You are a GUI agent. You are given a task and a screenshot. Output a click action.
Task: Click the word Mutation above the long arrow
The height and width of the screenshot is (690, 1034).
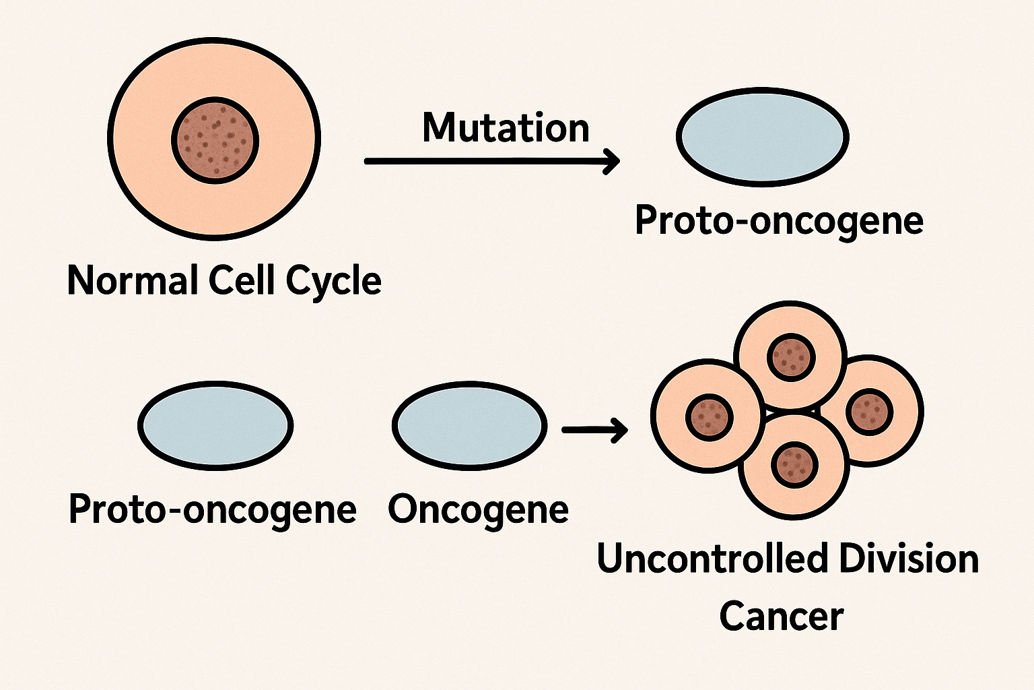(506, 128)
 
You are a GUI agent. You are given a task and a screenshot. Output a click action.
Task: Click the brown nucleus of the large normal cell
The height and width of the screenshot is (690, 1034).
(215, 140)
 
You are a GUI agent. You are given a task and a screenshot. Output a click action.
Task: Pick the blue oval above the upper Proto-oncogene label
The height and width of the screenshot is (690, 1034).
(762, 137)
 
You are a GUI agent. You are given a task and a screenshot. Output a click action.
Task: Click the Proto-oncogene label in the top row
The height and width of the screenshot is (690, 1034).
(779, 220)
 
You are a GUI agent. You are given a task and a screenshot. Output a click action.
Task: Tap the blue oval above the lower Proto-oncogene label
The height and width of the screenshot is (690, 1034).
(215, 425)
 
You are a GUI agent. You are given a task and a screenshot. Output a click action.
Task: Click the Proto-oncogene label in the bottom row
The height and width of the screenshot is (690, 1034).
(212, 509)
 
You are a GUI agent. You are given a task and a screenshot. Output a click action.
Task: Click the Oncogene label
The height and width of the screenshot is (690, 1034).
(478, 509)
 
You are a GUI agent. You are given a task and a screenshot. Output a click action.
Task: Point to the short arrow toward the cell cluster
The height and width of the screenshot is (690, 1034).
(594, 429)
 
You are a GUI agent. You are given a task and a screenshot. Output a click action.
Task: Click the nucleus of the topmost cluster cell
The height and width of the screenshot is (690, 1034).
(792, 355)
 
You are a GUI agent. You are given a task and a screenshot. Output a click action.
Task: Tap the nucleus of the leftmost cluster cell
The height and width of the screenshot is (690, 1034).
(708, 416)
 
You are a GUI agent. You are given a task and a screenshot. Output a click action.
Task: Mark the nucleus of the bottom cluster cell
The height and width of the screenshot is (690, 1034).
(794, 465)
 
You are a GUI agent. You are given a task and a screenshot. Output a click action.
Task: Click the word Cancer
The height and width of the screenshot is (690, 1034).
(781, 616)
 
